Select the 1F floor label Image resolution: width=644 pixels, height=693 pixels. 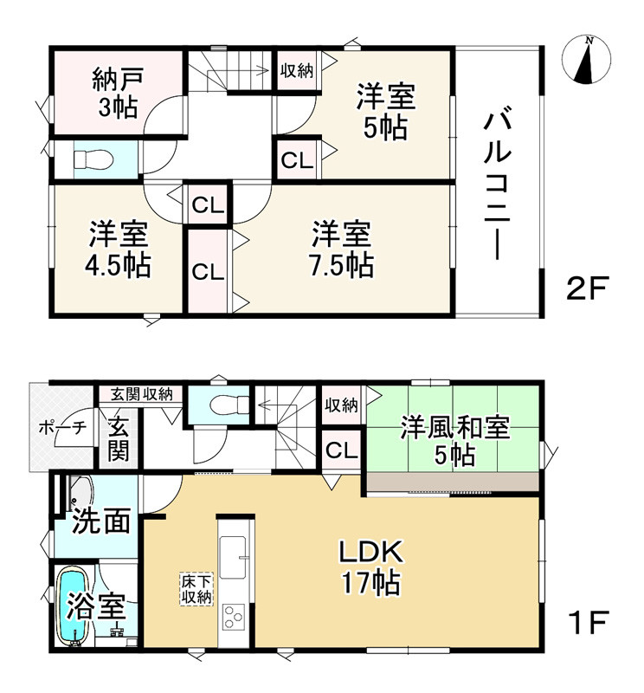(589, 621)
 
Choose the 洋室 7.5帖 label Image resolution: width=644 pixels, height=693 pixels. (343, 249)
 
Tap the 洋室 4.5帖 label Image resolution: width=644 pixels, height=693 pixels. (118, 249)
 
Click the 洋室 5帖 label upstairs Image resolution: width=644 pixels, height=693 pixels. (385, 111)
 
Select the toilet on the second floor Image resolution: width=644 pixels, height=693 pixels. (90, 159)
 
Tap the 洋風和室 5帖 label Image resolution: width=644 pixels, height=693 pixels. (454, 441)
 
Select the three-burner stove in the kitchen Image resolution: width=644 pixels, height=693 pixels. (234, 617)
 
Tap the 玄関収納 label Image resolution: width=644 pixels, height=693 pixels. (141, 394)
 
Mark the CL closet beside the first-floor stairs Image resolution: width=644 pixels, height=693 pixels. (341, 450)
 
